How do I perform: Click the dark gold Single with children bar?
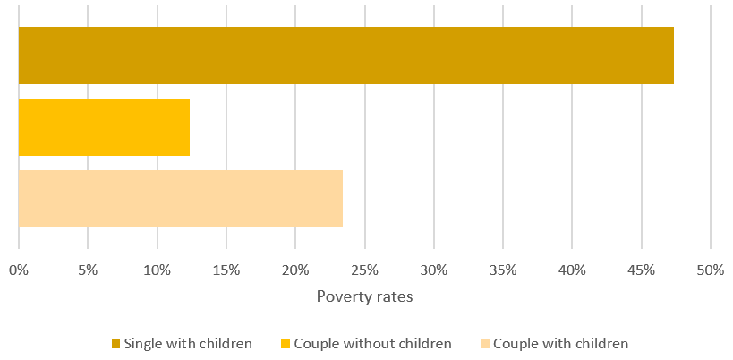345,56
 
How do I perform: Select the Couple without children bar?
104,127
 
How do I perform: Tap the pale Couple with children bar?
180,199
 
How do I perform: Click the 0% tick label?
19,269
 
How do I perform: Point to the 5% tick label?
88,269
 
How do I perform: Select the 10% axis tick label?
157,269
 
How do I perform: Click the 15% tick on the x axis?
226,269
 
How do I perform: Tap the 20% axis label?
295,269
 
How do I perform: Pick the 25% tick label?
364,269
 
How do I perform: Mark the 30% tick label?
434,269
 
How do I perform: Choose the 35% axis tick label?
503,269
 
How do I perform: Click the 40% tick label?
572,269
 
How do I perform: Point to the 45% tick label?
642,269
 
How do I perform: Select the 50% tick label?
711,269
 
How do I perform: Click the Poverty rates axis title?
364,296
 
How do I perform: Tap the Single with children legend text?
188,343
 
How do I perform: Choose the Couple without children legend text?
372,343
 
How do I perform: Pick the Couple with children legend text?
560,343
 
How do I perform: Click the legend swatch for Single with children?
115,344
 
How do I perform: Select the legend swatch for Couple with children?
484,344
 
